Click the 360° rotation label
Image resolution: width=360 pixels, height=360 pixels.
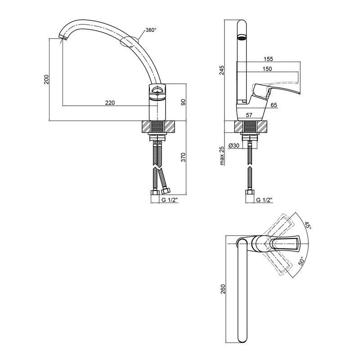point(151,30)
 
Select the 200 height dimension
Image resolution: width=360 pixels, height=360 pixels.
point(47,80)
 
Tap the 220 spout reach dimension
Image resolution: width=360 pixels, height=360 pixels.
point(110,103)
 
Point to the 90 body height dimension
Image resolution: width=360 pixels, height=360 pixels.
point(183,102)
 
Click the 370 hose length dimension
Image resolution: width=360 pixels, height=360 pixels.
point(183,157)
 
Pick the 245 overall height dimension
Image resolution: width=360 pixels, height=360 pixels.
point(221,70)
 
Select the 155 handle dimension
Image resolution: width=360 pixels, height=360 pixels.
point(268,59)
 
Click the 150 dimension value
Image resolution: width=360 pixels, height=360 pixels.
point(267,69)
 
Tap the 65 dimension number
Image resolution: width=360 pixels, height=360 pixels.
point(274,105)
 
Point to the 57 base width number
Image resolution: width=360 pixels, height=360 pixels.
point(249,115)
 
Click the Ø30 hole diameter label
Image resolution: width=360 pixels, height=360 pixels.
point(234,145)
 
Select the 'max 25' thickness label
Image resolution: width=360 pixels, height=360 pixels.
point(221,156)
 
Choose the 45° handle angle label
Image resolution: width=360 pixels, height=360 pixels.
point(308,225)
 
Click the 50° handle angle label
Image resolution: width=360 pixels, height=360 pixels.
point(301,261)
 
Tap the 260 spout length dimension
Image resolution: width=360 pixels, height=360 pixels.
point(223,289)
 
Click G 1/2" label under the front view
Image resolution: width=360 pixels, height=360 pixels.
point(170,200)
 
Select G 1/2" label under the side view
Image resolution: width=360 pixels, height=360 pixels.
point(264,200)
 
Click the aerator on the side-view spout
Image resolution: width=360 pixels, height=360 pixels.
point(242,37)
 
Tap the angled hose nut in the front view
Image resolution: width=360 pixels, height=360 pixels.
point(166,190)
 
